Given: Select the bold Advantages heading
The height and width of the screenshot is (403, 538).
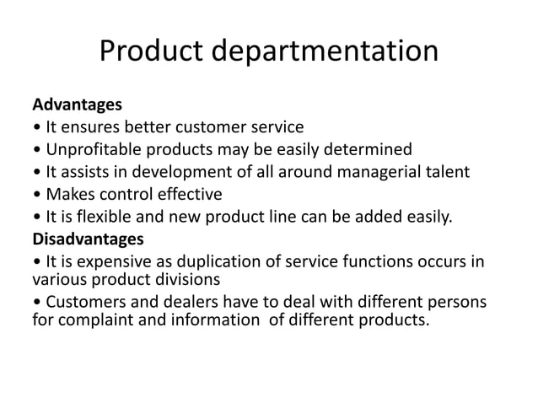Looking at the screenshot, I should click(x=77, y=106).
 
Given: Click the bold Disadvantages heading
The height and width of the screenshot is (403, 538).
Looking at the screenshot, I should click(x=87, y=238).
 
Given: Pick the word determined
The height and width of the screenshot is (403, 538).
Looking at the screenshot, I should click(x=363, y=150).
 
